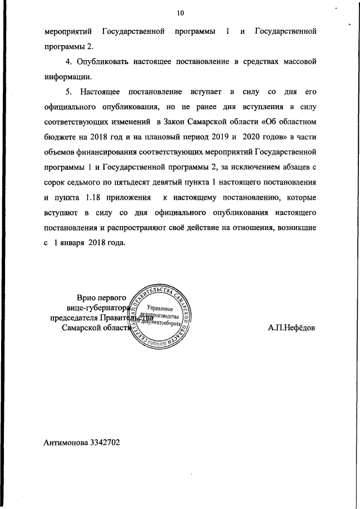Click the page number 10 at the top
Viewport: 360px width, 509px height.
pyautogui.click(x=180, y=12)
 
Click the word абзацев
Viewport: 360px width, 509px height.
pyautogui.click(x=295, y=167)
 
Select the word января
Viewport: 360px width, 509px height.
pyautogui.click(x=73, y=244)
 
